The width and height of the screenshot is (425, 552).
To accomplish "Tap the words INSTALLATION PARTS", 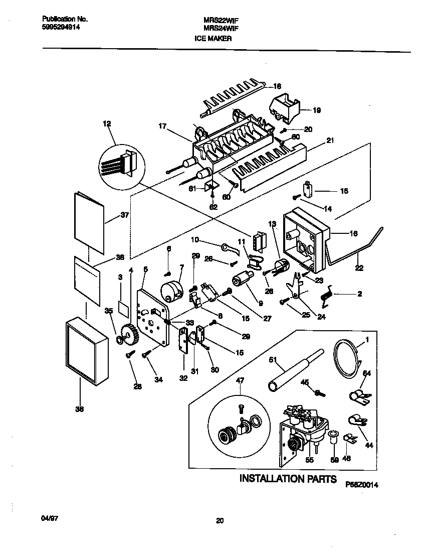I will click(x=288, y=478).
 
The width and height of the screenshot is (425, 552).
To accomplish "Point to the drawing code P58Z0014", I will click(x=361, y=485).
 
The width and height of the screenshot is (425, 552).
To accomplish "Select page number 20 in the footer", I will click(x=219, y=521).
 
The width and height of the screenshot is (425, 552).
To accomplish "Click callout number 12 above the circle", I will click(x=107, y=123).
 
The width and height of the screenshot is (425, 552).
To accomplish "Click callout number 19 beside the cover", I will click(x=317, y=110).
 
